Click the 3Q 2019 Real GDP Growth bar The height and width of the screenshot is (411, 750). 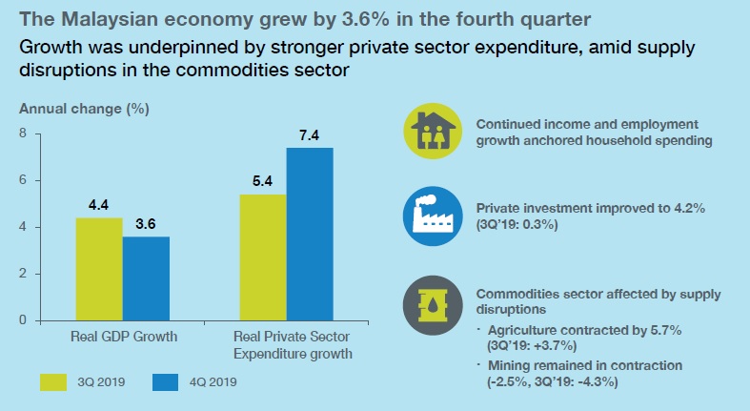(x=99, y=269)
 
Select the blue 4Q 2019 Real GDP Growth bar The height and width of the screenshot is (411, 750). (x=146, y=278)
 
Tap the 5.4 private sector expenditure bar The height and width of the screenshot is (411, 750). (x=263, y=257)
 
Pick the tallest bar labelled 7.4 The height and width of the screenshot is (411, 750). (x=310, y=234)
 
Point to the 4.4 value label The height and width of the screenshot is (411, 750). (x=98, y=205)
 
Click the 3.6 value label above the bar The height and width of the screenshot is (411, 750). (x=146, y=224)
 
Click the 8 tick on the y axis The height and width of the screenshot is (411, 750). (x=23, y=133)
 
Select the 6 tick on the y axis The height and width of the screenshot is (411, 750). (x=23, y=180)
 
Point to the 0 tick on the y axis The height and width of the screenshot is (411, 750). (x=23, y=319)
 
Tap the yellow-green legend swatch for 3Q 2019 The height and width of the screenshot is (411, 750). (x=53, y=382)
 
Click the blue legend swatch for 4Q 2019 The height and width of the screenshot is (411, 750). (x=166, y=382)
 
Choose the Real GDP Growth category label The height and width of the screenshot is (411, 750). (x=124, y=337)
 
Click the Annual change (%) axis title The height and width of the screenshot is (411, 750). (x=84, y=109)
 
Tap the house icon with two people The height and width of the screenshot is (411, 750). (x=433, y=131)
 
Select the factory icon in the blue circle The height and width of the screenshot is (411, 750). (x=433, y=216)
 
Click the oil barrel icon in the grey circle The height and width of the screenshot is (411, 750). (x=433, y=305)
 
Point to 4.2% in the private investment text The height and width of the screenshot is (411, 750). (x=689, y=209)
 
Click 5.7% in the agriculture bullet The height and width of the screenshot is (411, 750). (x=666, y=330)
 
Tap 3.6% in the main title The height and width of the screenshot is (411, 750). (x=368, y=20)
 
